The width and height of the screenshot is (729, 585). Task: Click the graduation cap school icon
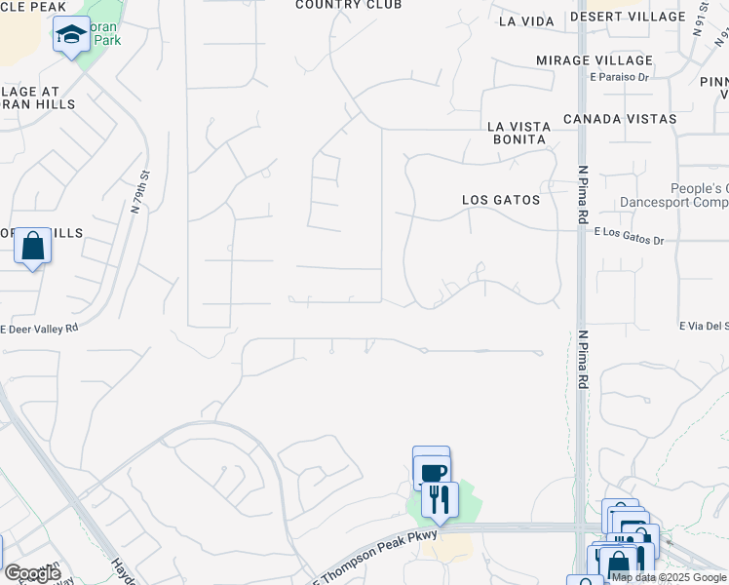pos(71,35)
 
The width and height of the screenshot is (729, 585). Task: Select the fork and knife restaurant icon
pos(440,499)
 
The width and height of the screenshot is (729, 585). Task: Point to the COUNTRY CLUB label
pos(348,5)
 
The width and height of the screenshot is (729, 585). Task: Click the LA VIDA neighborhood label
pos(525,20)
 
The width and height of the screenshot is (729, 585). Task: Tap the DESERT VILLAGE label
pos(628,18)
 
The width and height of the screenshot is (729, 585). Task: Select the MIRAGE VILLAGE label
pos(591,60)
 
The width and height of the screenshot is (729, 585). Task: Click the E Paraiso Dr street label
pos(619,77)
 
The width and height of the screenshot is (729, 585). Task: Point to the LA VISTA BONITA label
pos(519,134)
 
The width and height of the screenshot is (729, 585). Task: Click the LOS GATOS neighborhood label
pos(501,200)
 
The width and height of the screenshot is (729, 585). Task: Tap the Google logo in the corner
pos(32,573)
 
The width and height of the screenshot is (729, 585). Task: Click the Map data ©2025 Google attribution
pos(670,577)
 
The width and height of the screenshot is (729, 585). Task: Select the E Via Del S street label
pos(704,327)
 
